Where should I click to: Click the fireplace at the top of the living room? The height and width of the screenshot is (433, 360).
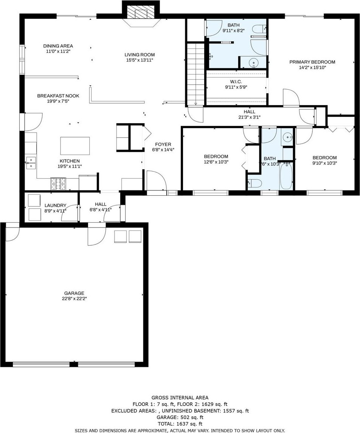coord(141,14)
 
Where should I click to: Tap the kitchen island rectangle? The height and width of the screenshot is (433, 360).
coord(75,146)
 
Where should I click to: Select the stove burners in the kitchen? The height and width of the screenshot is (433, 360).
coord(58,184)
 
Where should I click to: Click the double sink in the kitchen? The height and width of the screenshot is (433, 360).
coord(31,162)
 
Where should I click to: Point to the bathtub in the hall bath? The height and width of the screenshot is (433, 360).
coord(286,176)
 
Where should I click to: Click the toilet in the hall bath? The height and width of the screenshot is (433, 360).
coord(254,183)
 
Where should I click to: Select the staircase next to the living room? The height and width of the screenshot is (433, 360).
coord(196,74)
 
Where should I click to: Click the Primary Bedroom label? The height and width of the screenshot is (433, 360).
coord(312,62)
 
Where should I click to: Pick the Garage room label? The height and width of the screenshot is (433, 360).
coord(74,293)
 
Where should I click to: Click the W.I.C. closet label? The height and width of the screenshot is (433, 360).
coord(236,82)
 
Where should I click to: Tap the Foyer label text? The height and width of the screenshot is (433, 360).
coord(163,144)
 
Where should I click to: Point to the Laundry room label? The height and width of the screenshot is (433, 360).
coord(56,206)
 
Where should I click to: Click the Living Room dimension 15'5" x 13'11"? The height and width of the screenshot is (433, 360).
coord(140,60)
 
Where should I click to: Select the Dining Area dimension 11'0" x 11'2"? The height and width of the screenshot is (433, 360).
coord(58,51)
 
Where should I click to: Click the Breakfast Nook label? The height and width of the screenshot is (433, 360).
coord(58,96)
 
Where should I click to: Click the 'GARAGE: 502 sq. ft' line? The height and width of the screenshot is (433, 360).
coord(180,417)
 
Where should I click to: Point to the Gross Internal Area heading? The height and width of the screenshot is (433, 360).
coord(180,397)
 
